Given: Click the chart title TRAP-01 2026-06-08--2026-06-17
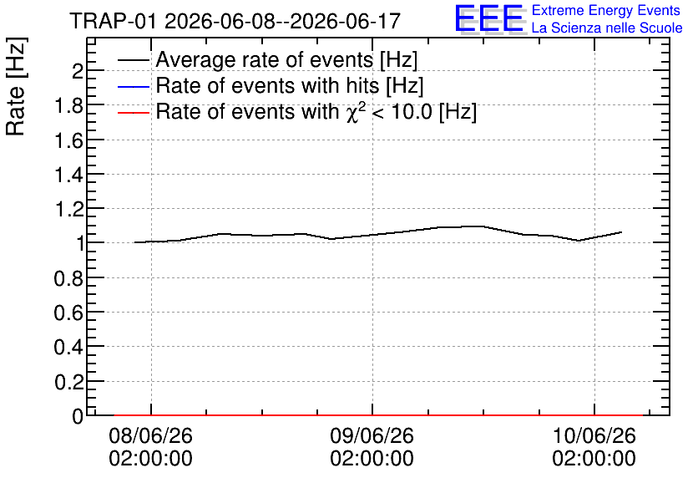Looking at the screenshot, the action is pos(235,21).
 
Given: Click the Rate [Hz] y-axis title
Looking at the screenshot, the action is pos(16,86).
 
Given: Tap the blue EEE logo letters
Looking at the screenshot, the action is pos(489,18).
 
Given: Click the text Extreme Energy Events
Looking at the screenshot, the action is pos(606,10).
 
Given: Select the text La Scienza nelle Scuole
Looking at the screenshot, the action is pos(607,28).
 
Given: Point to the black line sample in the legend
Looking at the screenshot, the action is pos(134,60).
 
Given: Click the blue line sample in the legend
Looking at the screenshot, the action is pos(134,86).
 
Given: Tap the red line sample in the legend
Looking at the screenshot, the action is pos(134,112).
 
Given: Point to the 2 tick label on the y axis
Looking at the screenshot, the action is pos(78,70).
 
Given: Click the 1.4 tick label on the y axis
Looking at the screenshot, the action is pos(68,175).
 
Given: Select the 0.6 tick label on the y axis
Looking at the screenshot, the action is pos(68,313).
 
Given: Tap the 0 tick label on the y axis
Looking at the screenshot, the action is pos(78,416).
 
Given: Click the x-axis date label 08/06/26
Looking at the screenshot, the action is pos(151,435).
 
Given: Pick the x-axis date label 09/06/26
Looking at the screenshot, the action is pos(372,435).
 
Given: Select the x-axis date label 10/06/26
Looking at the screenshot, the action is pos(594,435).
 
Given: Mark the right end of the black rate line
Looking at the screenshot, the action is pos(621,232).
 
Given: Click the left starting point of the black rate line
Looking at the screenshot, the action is pos(134,242).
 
